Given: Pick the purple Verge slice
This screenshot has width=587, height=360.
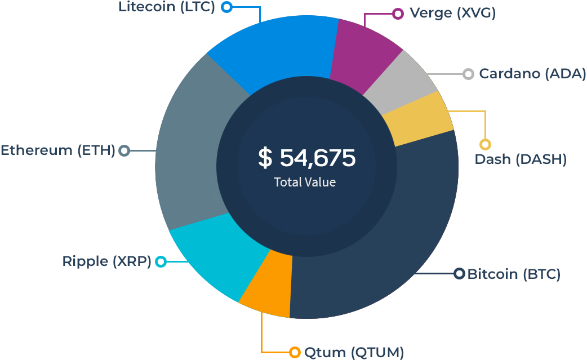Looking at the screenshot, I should coord(363,54).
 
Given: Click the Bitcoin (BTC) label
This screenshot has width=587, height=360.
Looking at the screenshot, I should coord(514,274).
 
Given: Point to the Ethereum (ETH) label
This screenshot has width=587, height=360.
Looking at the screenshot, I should coord(57,150).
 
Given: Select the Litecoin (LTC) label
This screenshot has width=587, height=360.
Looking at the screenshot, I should coord(167,7).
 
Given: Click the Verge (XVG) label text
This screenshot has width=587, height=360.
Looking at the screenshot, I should coord(452,13).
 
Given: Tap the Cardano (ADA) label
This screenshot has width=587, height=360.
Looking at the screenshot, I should coord(532,74).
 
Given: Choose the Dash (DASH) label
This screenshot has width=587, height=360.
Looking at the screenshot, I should coord(520,159).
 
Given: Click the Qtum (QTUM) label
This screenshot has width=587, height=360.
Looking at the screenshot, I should coord(354,353).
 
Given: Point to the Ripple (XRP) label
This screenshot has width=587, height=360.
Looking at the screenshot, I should coord(106,261).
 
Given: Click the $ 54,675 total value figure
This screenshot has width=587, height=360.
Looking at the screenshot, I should coord(306,158).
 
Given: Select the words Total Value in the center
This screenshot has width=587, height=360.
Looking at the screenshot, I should coord(305,183).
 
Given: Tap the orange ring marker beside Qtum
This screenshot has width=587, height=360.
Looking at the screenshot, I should coord(295,353).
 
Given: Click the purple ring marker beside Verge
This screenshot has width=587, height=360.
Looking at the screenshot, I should coord(398,14).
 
